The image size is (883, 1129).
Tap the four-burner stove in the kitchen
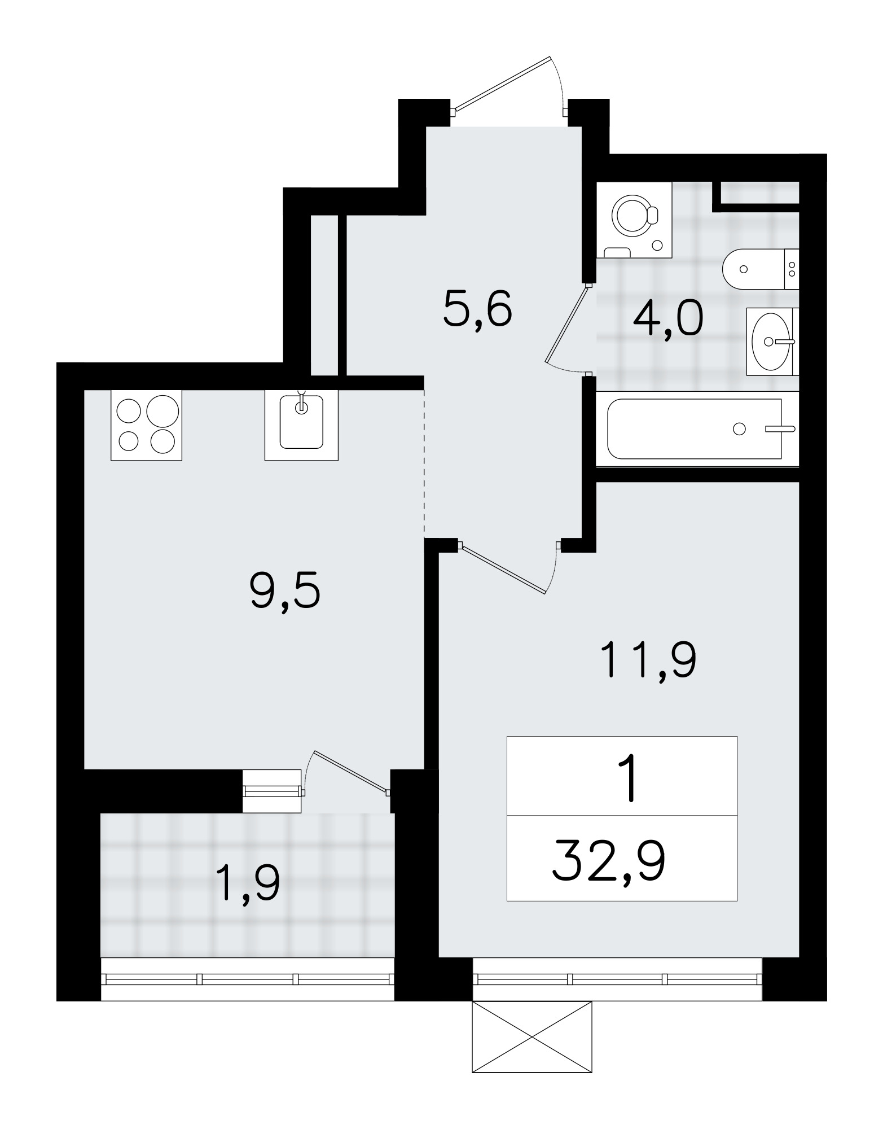(147, 425)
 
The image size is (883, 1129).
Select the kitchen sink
(301, 425)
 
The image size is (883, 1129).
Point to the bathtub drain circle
(739, 429)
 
